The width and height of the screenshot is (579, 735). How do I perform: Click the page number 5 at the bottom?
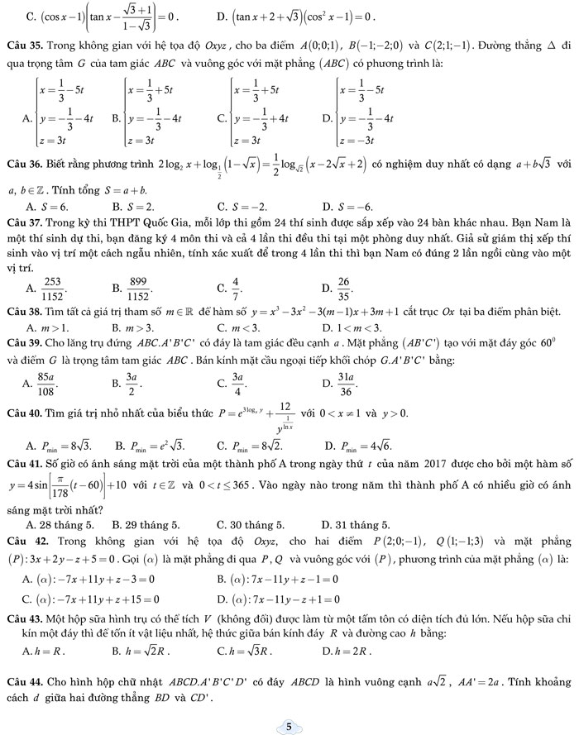click(x=289, y=726)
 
